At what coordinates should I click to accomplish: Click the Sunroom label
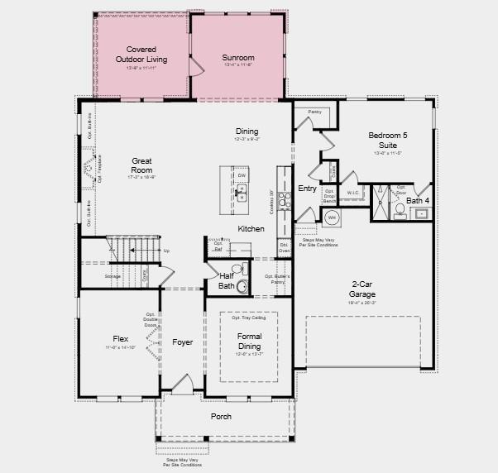[238, 58]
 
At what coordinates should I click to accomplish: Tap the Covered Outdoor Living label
[141, 54]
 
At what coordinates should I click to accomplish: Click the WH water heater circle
[332, 218]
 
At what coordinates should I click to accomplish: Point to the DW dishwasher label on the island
[242, 175]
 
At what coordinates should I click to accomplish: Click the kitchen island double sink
[242, 193]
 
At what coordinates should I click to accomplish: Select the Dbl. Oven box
[284, 247]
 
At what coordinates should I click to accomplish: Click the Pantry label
[314, 111]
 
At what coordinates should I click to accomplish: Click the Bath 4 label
[418, 200]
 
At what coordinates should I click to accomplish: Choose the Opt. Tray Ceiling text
[248, 318]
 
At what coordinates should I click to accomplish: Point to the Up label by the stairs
[166, 251]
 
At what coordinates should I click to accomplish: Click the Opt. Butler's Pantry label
[280, 279]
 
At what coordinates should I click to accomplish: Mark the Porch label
[221, 416]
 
